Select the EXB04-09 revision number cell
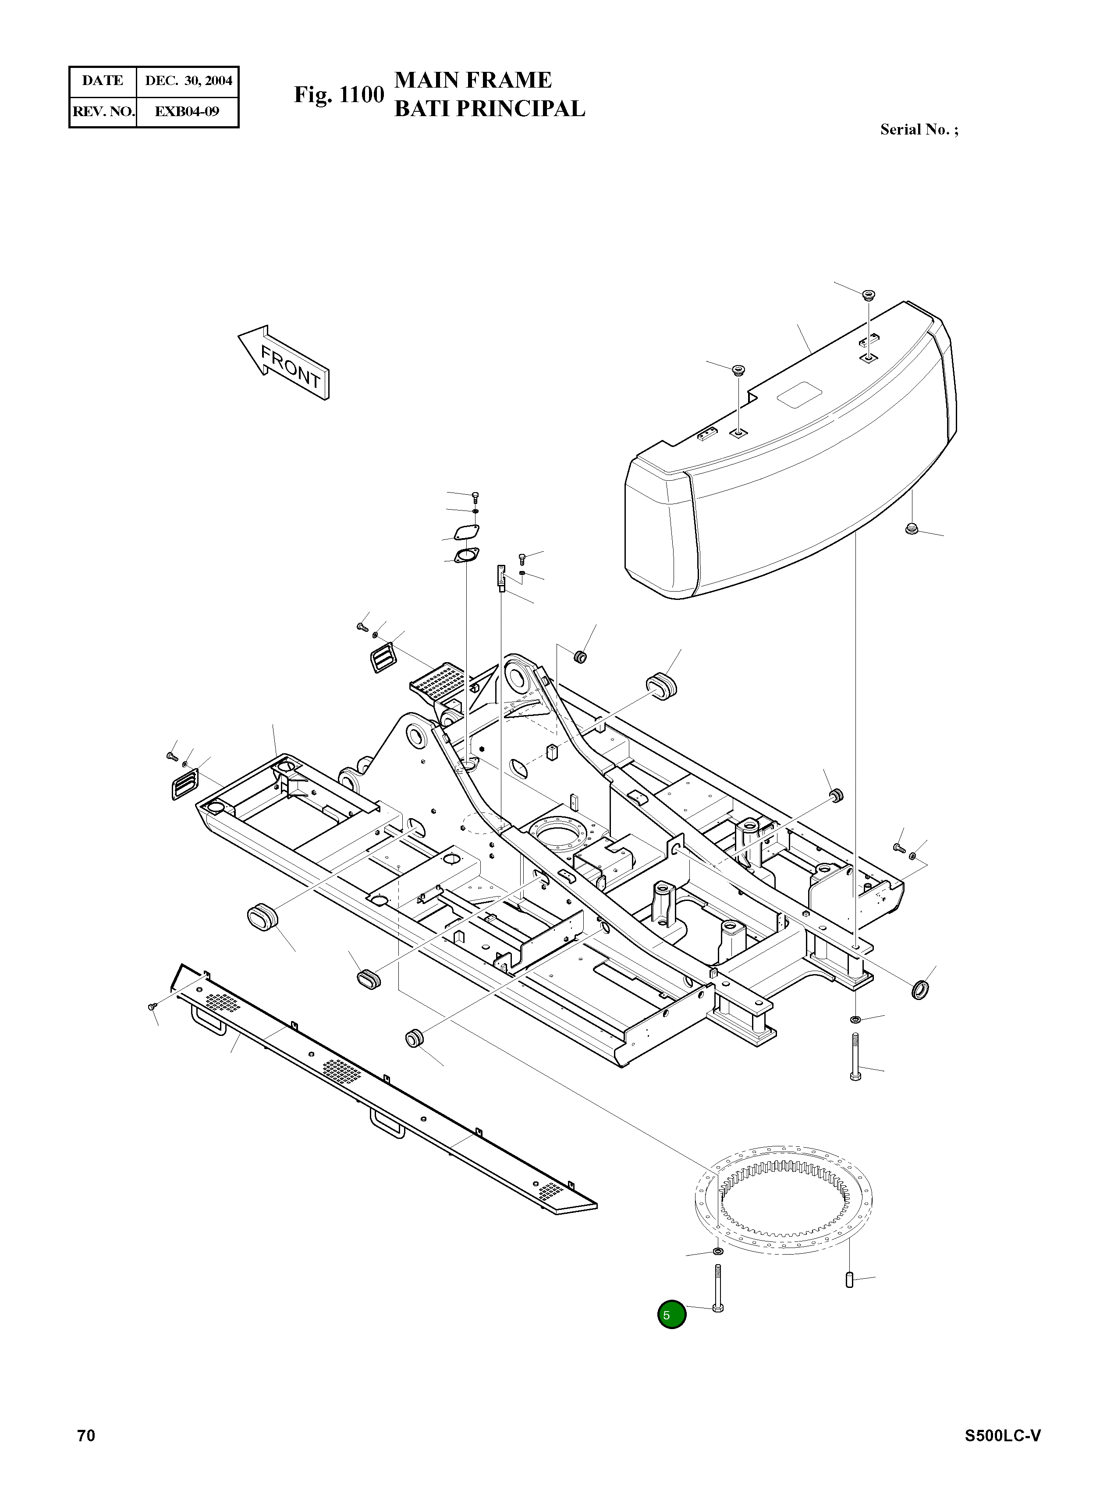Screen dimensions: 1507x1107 coord(187,111)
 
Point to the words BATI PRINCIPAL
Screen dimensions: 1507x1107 coord(489,109)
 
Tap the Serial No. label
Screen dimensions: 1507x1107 coord(919,129)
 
